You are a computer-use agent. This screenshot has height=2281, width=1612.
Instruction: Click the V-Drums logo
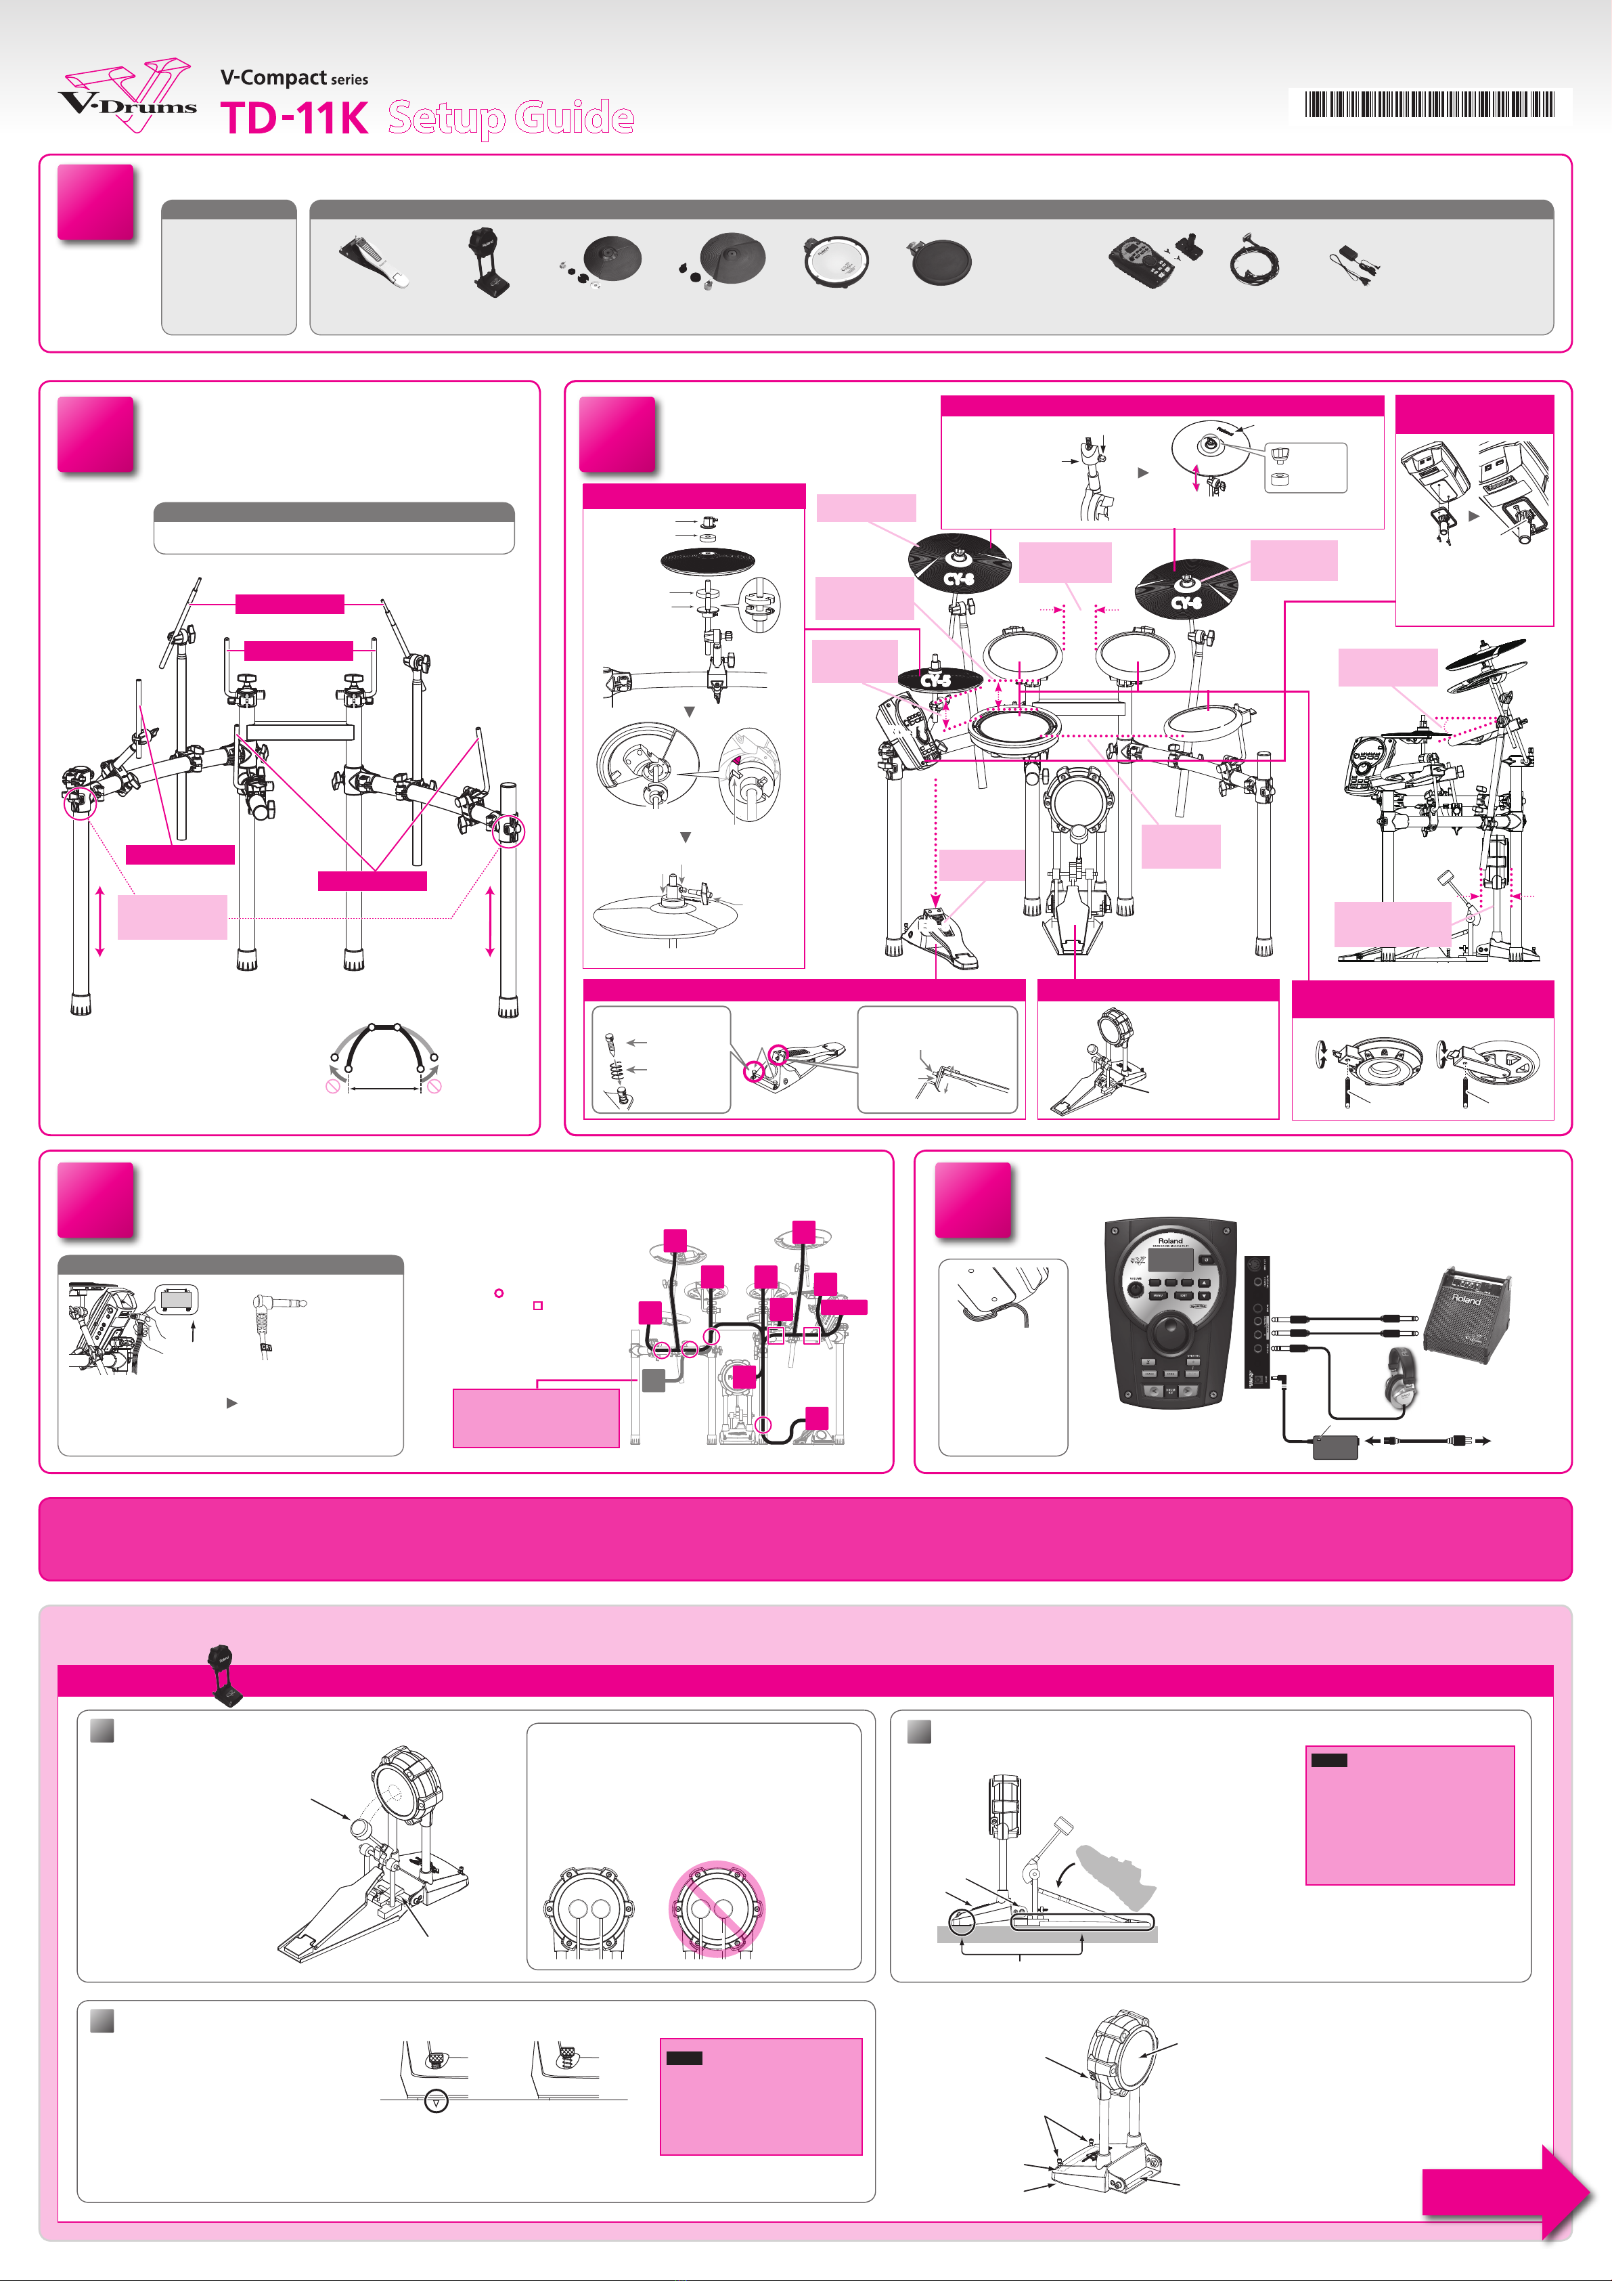[x=127, y=95]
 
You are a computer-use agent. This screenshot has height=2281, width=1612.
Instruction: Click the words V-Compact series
[x=294, y=77]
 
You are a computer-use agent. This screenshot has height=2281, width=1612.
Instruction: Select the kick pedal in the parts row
[x=374, y=262]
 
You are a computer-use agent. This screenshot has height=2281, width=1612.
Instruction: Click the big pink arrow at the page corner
[x=1506, y=2192]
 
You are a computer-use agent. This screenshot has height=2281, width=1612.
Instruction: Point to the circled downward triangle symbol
[x=436, y=2100]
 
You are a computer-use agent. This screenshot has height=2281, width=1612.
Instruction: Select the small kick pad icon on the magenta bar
[x=225, y=1676]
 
